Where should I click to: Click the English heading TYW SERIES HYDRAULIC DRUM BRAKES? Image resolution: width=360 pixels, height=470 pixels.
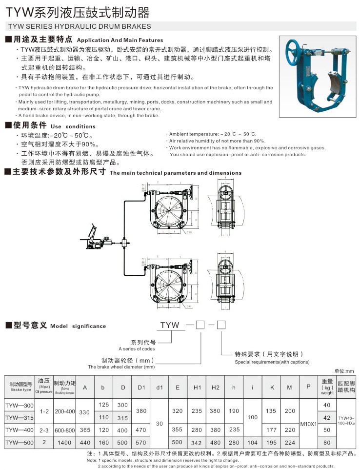(78, 26)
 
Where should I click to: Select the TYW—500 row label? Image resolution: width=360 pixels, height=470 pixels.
(20, 443)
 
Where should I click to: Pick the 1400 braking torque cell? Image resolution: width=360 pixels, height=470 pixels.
(65, 443)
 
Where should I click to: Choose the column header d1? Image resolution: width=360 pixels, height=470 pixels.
(160, 388)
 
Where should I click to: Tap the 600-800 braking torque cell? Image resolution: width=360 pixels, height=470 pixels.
(65, 430)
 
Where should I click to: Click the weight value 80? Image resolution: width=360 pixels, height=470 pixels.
(327, 443)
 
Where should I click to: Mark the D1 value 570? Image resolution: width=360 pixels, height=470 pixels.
(141, 443)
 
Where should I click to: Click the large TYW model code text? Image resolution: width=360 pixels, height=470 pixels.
(171, 325)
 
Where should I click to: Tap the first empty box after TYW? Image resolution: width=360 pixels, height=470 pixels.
(199, 325)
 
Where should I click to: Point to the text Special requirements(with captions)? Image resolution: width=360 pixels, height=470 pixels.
(272, 362)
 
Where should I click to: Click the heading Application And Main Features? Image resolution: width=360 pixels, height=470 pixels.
(120, 40)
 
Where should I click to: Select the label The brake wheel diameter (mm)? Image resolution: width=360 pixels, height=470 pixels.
(121, 367)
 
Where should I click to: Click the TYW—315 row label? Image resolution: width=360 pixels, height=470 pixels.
(20, 418)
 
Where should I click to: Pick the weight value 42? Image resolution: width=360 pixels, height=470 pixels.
(327, 418)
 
